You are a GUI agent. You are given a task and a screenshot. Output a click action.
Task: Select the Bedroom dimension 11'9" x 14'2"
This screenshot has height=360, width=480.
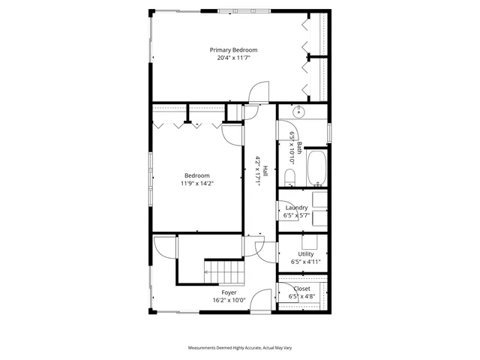pyautogui.click(x=197, y=183)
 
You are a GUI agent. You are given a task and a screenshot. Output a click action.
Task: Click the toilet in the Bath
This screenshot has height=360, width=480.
pyautogui.click(x=289, y=177)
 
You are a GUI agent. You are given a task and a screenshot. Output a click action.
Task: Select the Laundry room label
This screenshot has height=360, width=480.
pyautogui.click(x=297, y=208)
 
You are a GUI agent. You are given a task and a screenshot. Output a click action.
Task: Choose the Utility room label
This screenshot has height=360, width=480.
pyautogui.click(x=305, y=254)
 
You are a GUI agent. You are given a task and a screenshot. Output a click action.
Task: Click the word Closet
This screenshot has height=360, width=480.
pyautogui.click(x=301, y=289)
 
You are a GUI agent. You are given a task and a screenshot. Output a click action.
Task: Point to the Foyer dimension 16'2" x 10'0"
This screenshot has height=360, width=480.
pyautogui.click(x=229, y=300)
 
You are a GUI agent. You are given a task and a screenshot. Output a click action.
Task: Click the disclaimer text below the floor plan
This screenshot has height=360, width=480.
pyautogui.click(x=239, y=348)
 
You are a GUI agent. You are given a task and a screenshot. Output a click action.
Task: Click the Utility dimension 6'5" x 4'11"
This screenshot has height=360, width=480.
pyautogui.click(x=305, y=262)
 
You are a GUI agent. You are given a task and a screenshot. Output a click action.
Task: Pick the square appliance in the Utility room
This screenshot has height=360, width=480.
pyautogui.click(x=309, y=241)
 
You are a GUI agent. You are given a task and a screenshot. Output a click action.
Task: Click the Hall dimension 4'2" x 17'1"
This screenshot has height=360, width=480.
pyautogui.click(x=257, y=170)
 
